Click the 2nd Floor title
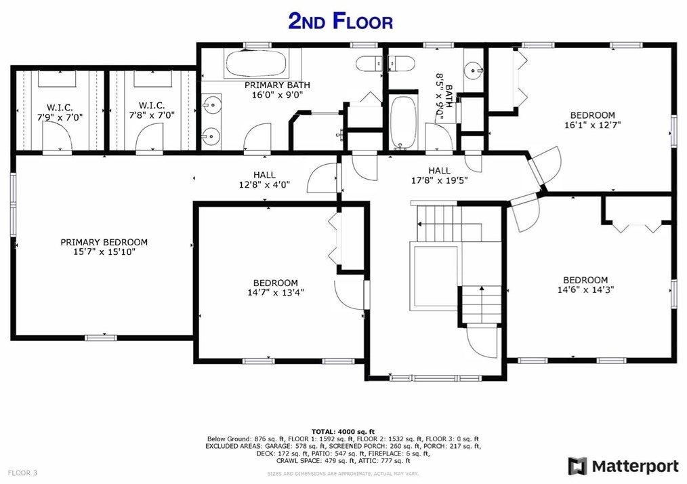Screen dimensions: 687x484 tap(340, 21)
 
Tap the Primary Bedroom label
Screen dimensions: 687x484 tap(104, 242)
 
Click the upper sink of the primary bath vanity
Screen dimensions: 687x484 tap(212, 105)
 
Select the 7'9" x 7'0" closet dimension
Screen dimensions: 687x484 tap(60, 117)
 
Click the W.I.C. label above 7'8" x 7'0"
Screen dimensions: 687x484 tap(152, 106)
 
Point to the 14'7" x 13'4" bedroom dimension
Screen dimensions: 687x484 tap(276, 292)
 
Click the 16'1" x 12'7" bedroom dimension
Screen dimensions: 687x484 tap(592, 125)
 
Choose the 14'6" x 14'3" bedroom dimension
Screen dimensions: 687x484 tap(585, 289)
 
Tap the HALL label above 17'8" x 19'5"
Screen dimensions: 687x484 tap(440, 171)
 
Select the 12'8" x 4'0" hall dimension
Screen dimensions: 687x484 tap(264, 185)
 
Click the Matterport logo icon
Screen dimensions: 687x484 tap(577, 466)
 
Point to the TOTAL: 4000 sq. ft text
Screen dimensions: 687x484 tap(343, 432)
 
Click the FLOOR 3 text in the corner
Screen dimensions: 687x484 tap(23, 473)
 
